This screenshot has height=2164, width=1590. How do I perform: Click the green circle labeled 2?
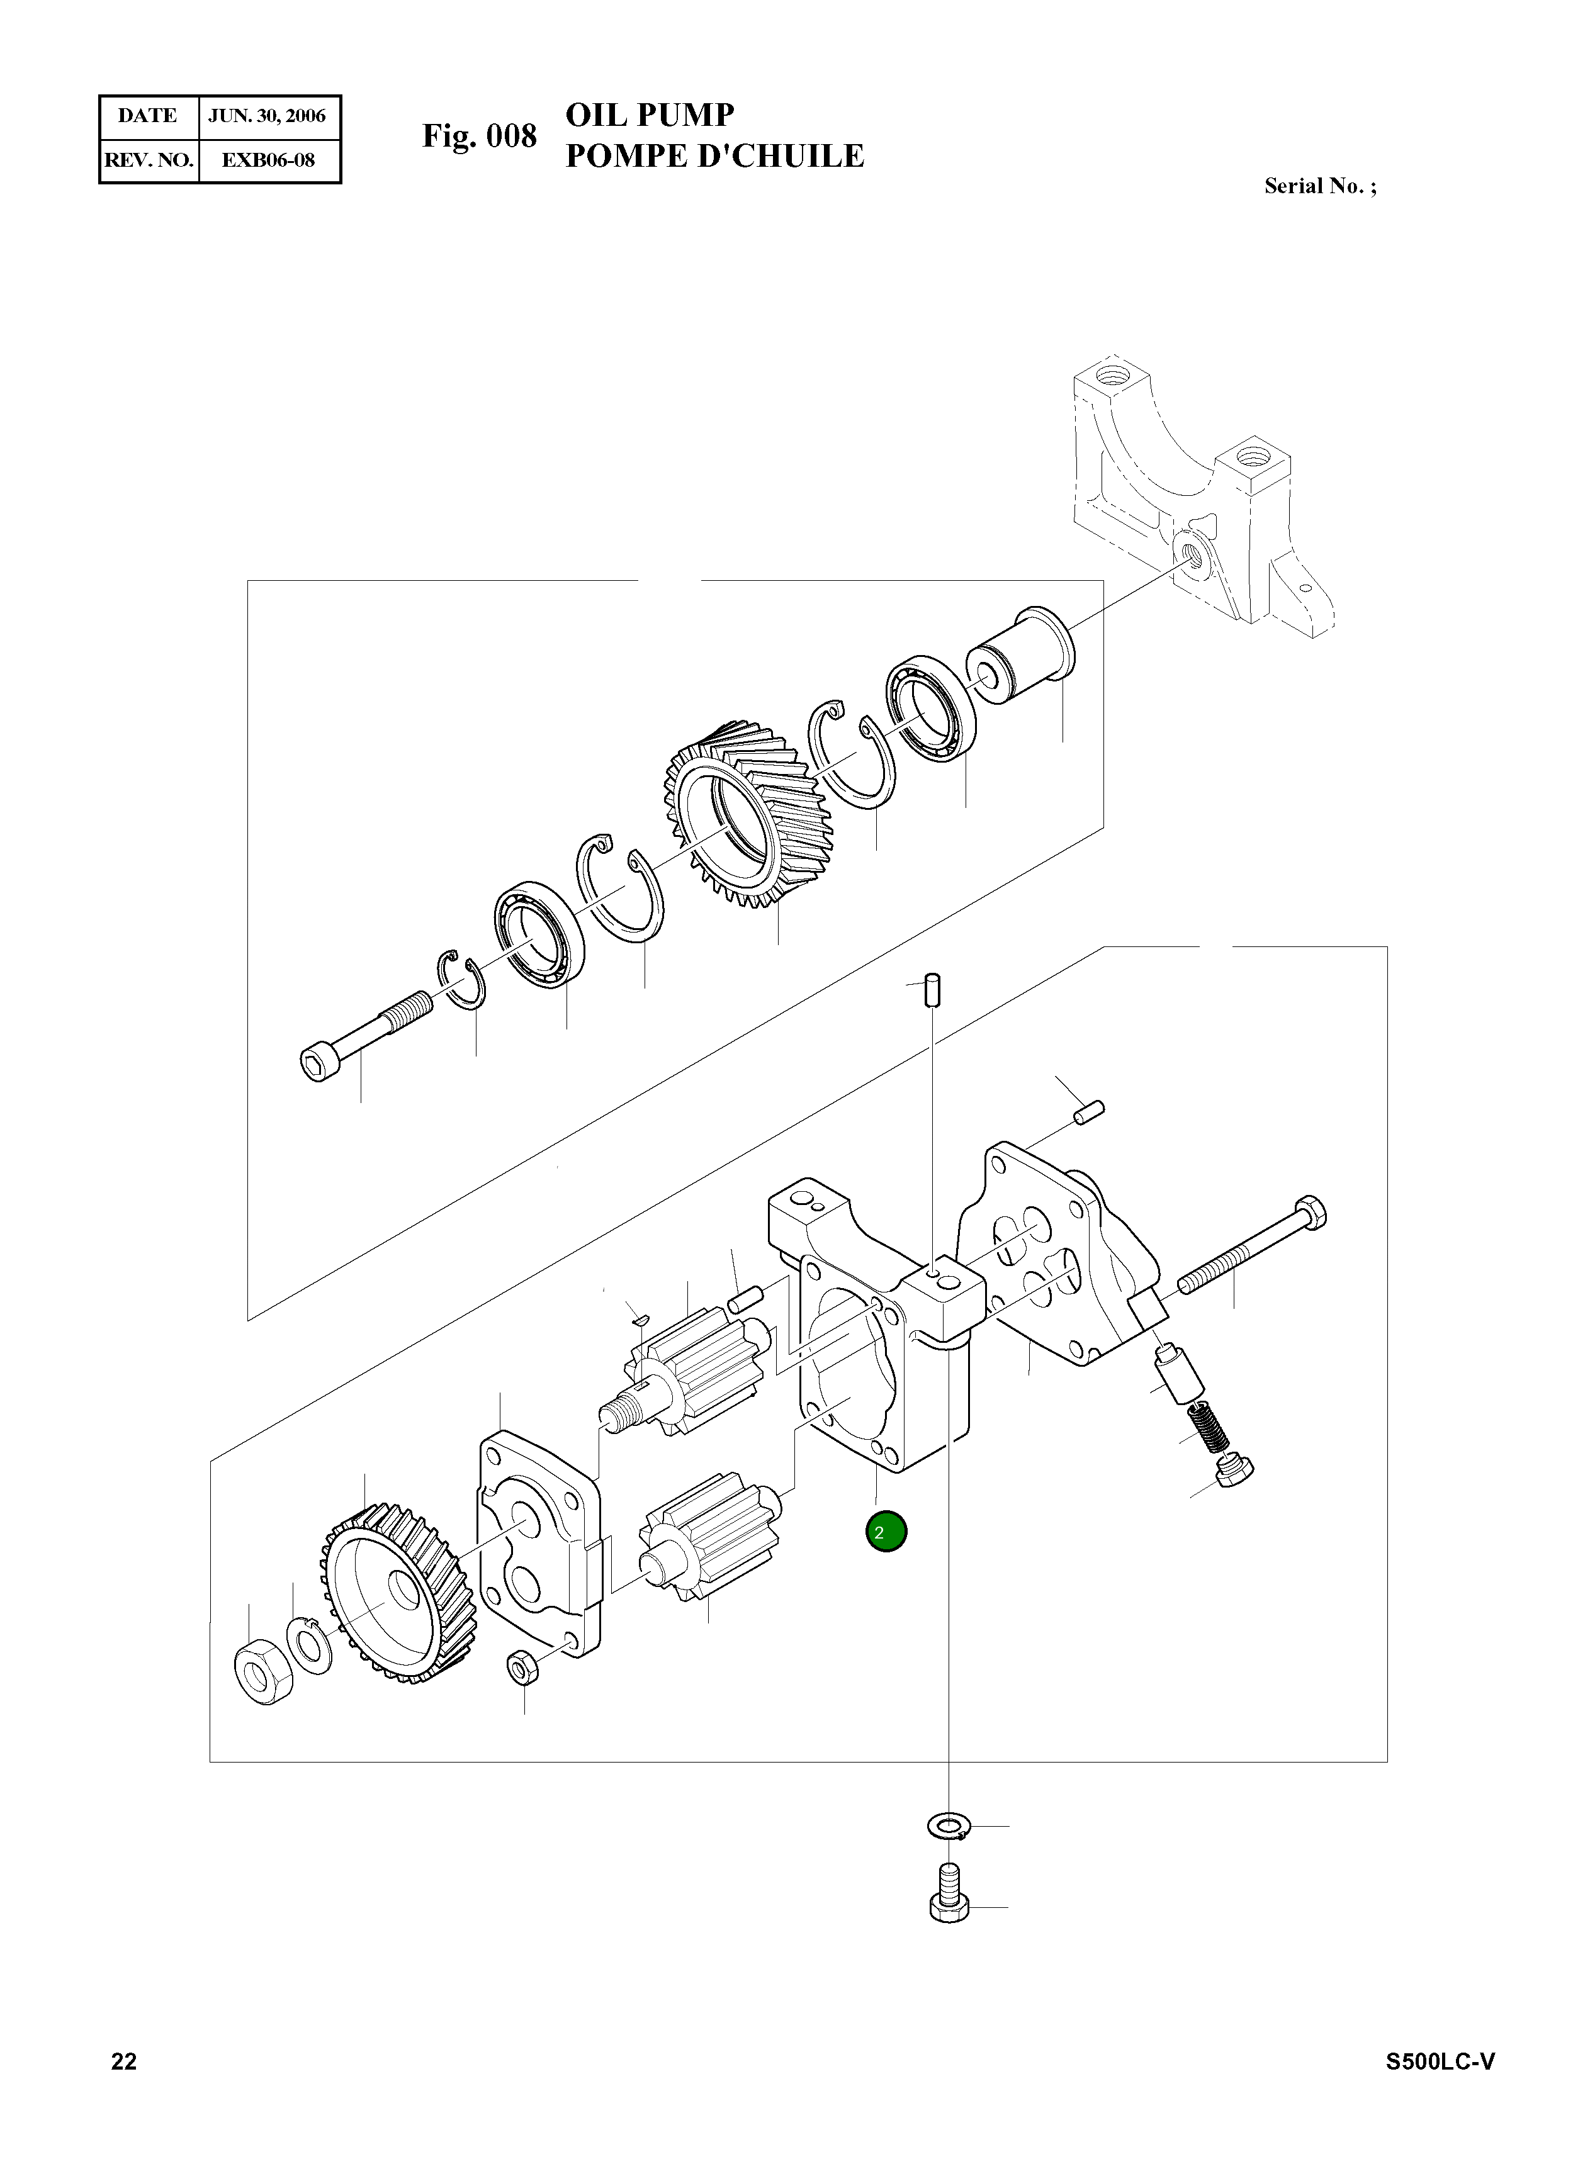click(886, 1532)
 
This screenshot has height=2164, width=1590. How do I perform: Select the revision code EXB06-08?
click(268, 160)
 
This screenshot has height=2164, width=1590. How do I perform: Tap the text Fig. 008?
click(479, 136)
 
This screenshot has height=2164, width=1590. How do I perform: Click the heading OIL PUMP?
click(650, 115)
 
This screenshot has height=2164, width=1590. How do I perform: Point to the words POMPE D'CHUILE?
click(714, 156)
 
